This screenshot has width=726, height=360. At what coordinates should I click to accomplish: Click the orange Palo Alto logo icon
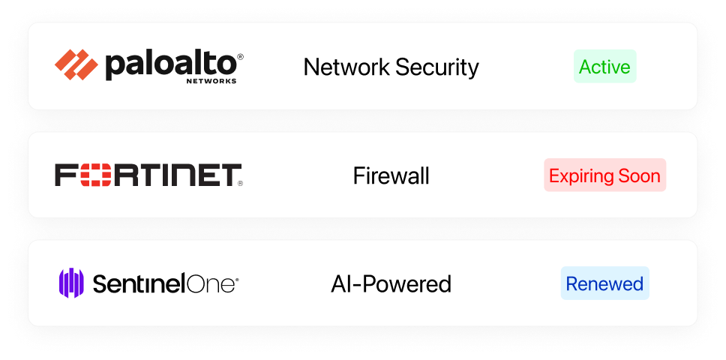tap(76, 64)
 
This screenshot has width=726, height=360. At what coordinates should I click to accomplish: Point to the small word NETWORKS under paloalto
tap(211, 81)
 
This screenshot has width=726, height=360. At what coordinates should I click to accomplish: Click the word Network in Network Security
tap(346, 67)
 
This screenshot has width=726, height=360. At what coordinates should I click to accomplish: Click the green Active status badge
tap(605, 66)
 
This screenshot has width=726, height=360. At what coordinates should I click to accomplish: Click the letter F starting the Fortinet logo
tap(66, 175)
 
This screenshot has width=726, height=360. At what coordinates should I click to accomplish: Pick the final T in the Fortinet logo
tap(229, 175)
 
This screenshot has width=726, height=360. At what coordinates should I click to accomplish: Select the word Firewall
tap(391, 175)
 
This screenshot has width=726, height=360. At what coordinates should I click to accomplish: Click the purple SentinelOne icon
tap(71, 283)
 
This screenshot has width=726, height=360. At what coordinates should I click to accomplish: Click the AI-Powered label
tap(391, 283)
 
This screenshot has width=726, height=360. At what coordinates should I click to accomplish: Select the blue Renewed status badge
tap(604, 283)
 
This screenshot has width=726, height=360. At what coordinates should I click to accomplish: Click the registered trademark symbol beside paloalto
tap(240, 56)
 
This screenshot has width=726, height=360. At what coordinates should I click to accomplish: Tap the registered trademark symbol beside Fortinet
tap(240, 184)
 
